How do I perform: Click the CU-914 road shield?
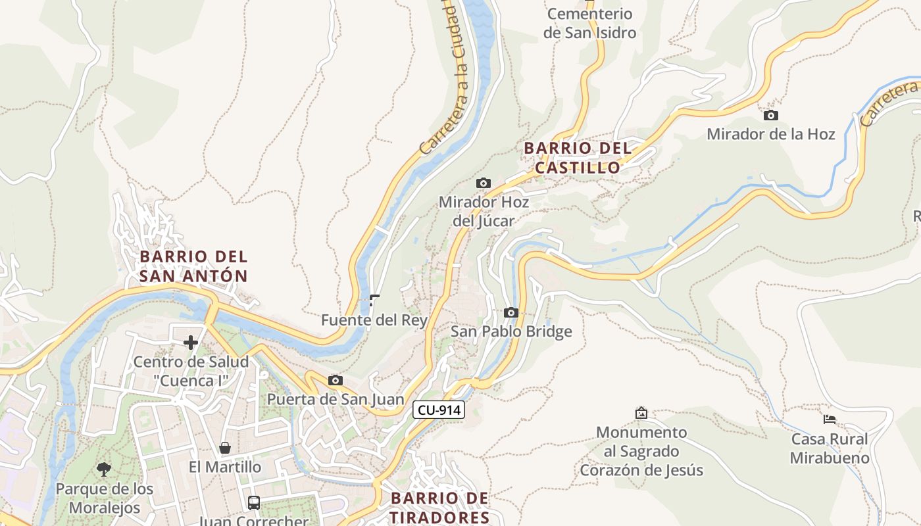click(439, 410)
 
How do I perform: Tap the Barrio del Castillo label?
click(578, 158)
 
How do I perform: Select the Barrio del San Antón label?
click(193, 266)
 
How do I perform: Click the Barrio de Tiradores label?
click(439, 507)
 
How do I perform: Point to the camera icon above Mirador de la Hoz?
click(770, 116)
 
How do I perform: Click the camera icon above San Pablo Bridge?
click(511, 312)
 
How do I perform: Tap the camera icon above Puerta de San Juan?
click(336, 380)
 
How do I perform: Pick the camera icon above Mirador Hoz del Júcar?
click(484, 183)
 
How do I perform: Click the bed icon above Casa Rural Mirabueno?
click(830, 419)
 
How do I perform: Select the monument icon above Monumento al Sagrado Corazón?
click(641, 413)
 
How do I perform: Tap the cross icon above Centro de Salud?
click(191, 342)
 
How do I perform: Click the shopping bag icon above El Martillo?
click(225, 448)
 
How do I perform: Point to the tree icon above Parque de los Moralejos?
click(103, 469)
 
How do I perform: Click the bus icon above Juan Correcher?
click(254, 503)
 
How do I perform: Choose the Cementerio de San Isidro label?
click(589, 23)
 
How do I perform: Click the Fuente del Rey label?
click(374, 320)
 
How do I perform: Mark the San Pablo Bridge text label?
click(511, 331)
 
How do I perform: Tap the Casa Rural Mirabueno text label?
click(830, 448)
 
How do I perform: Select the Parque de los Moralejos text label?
click(105, 498)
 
